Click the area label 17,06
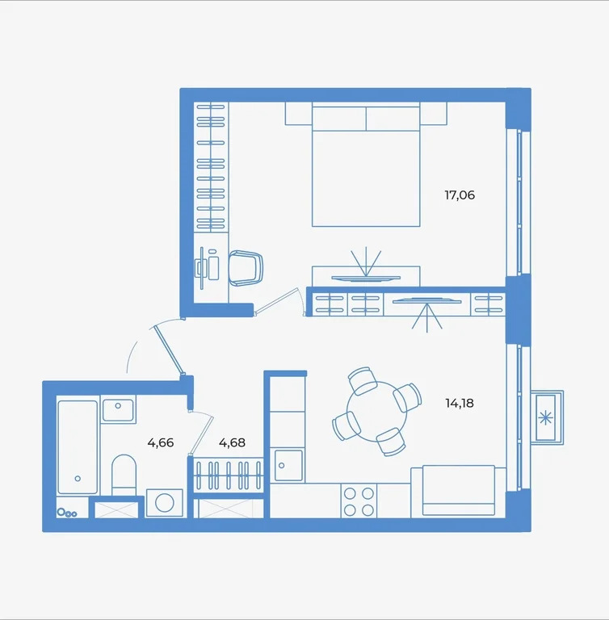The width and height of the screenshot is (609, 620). pyautogui.click(x=459, y=195)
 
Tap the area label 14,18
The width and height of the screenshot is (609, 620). pyautogui.click(x=459, y=401)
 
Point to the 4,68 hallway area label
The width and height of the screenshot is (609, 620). pyautogui.click(x=232, y=442)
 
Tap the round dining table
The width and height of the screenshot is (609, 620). pyautogui.click(x=377, y=410)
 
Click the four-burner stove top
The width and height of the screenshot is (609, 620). pyautogui.click(x=359, y=501)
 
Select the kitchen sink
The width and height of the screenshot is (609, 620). pyautogui.click(x=288, y=466)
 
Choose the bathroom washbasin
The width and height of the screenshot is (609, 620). pyautogui.click(x=118, y=408)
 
